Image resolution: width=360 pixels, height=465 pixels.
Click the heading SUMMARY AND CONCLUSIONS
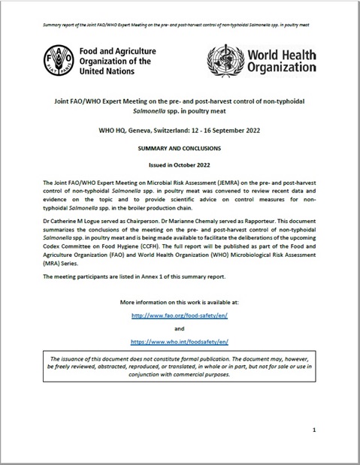coord(180,149)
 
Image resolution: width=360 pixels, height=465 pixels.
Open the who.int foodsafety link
coord(180,340)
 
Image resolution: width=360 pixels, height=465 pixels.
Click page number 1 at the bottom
coord(313,430)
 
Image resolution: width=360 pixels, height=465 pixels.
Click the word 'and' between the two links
coord(180,329)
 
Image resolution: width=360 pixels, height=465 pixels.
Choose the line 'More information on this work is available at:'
coord(180,301)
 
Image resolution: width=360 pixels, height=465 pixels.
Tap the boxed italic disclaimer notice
coord(180,376)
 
